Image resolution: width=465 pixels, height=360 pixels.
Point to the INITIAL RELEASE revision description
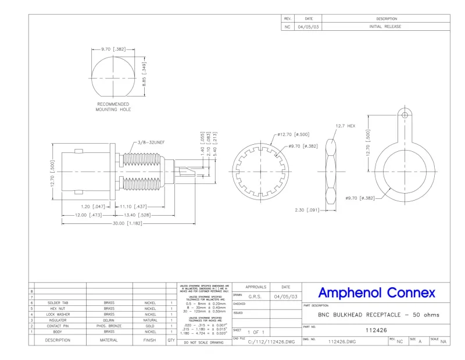(385, 27)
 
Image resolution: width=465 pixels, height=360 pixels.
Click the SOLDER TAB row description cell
(59, 303)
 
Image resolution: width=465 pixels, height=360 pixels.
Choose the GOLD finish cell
(149, 326)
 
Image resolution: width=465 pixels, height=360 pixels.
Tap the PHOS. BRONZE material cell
(109, 326)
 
